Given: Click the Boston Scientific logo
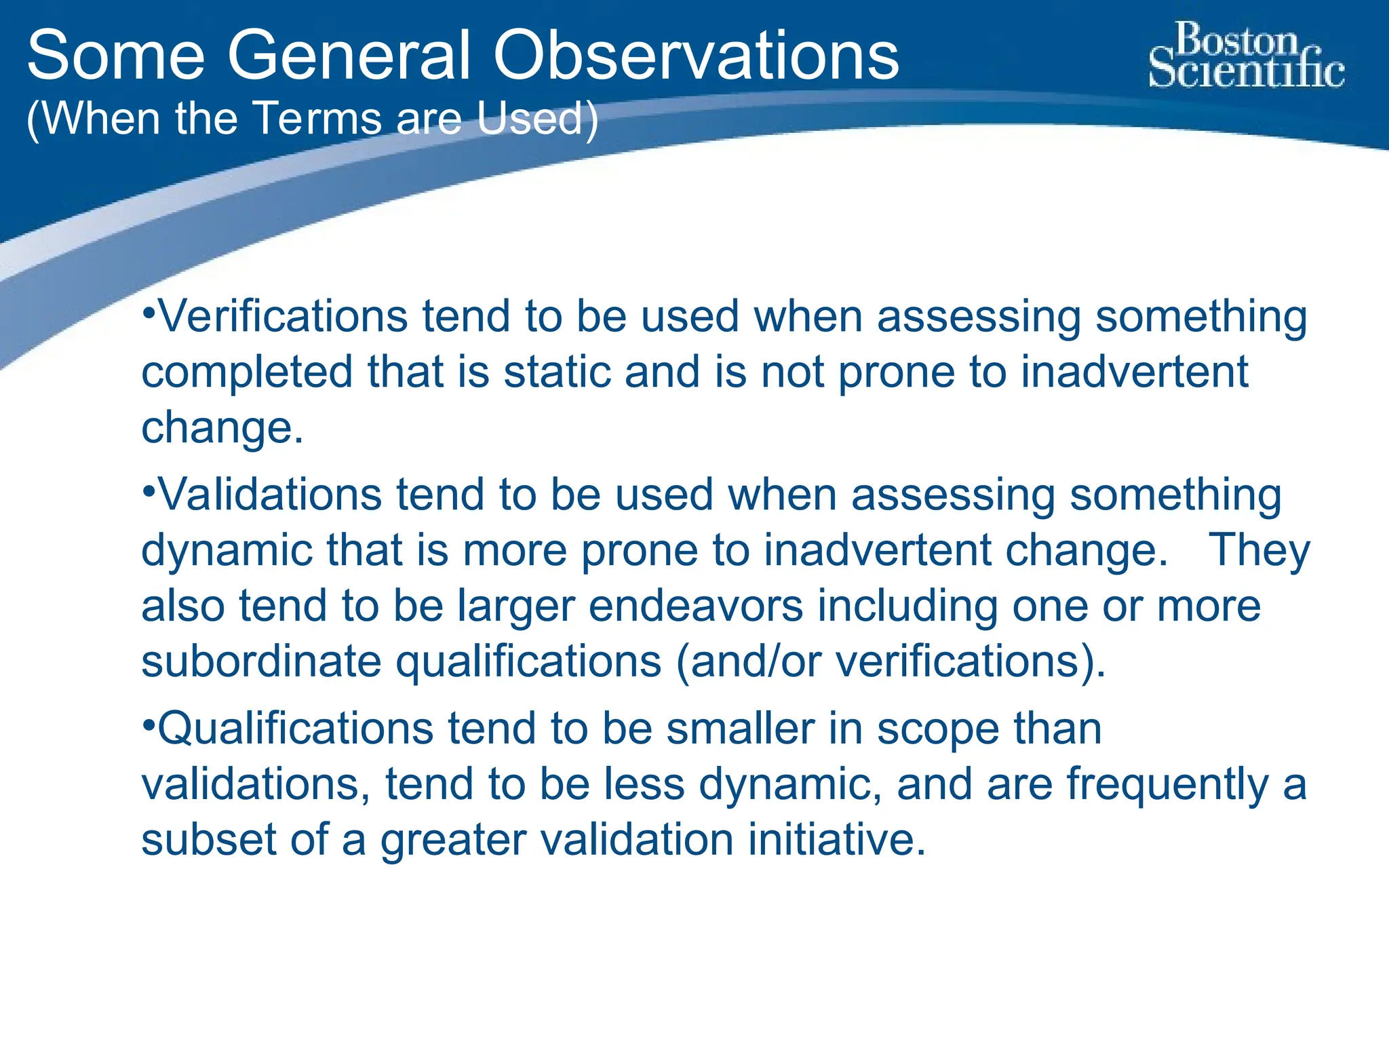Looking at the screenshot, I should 1246,56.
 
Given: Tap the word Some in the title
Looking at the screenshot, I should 116,56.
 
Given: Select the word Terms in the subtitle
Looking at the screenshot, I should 319,119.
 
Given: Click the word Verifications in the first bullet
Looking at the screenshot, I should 282,317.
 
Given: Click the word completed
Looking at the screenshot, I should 247,372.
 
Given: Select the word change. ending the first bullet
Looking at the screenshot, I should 222,428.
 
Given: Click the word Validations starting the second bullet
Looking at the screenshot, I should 269,495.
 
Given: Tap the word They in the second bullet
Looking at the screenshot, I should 1259,550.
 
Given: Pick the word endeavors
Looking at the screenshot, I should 695,606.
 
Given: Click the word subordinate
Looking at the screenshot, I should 261,661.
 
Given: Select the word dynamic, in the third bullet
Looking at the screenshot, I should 791,785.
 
